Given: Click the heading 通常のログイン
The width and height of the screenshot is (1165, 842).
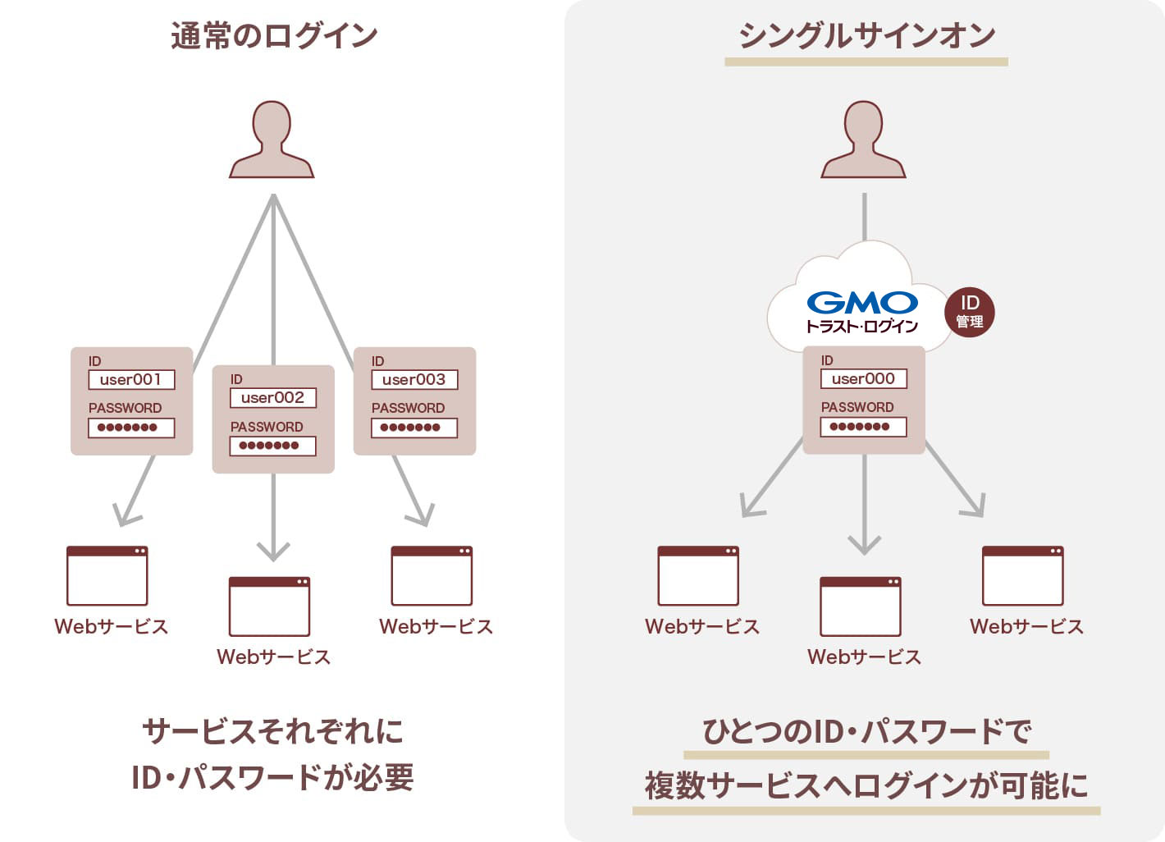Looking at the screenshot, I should [x=274, y=36].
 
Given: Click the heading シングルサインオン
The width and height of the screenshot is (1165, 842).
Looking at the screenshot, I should [x=866, y=36].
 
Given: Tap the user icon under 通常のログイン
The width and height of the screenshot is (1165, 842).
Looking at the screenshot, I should [x=272, y=140].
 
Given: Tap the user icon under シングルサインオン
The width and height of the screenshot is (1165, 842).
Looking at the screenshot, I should [x=863, y=140].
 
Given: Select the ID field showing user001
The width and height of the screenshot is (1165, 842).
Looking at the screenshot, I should [x=131, y=380].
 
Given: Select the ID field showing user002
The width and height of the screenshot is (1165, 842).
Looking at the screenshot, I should [x=272, y=398].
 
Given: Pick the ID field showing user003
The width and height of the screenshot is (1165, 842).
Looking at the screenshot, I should [x=414, y=380].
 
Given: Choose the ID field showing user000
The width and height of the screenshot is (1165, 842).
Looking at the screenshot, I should [x=863, y=379].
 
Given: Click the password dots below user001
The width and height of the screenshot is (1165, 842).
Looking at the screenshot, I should [x=131, y=428].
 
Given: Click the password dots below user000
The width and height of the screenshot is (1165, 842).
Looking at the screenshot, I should [x=863, y=427].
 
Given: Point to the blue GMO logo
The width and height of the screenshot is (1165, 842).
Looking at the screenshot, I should [x=862, y=303].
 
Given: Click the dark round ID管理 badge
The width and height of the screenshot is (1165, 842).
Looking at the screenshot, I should [x=970, y=312].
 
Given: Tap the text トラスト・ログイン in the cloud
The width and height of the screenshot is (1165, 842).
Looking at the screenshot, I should [x=862, y=327].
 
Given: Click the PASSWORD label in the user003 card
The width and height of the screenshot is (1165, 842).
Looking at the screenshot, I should [x=408, y=408].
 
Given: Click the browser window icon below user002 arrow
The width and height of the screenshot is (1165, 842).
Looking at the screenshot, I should [x=269, y=606].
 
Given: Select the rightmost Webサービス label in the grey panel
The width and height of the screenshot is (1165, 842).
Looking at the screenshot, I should [x=1026, y=627].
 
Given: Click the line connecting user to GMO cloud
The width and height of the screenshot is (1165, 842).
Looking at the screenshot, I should [x=864, y=217].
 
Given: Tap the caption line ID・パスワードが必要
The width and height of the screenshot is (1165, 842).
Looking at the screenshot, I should [x=272, y=777].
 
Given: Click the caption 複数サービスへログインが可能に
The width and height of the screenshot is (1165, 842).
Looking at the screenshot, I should [x=866, y=785].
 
